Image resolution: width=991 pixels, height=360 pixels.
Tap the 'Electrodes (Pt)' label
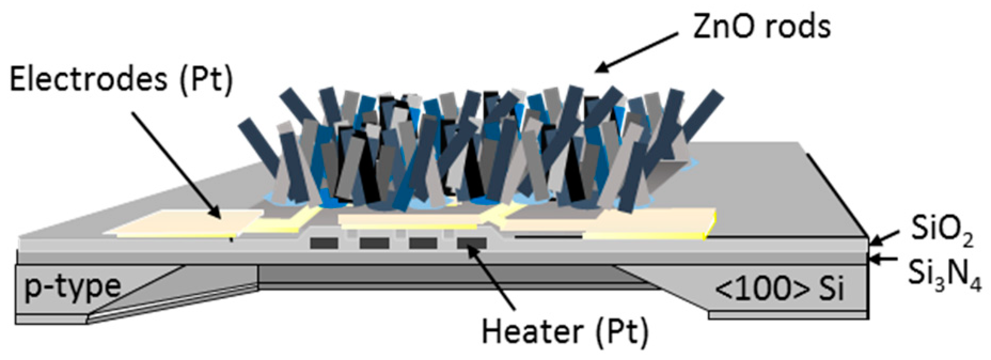(x=122, y=80)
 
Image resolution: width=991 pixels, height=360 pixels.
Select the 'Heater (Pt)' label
(x=565, y=332)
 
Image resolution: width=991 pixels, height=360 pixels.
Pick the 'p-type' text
(x=72, y=287)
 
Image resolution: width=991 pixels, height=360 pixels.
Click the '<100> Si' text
(x=779, y=289)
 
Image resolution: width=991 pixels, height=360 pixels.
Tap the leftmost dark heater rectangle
(x=324, y=244)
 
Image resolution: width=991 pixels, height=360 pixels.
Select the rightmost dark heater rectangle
(x=471, y=244)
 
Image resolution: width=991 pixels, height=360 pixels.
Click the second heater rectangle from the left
(x=374, y=244)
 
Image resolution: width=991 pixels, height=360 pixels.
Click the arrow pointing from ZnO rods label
(x=635, y=52)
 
